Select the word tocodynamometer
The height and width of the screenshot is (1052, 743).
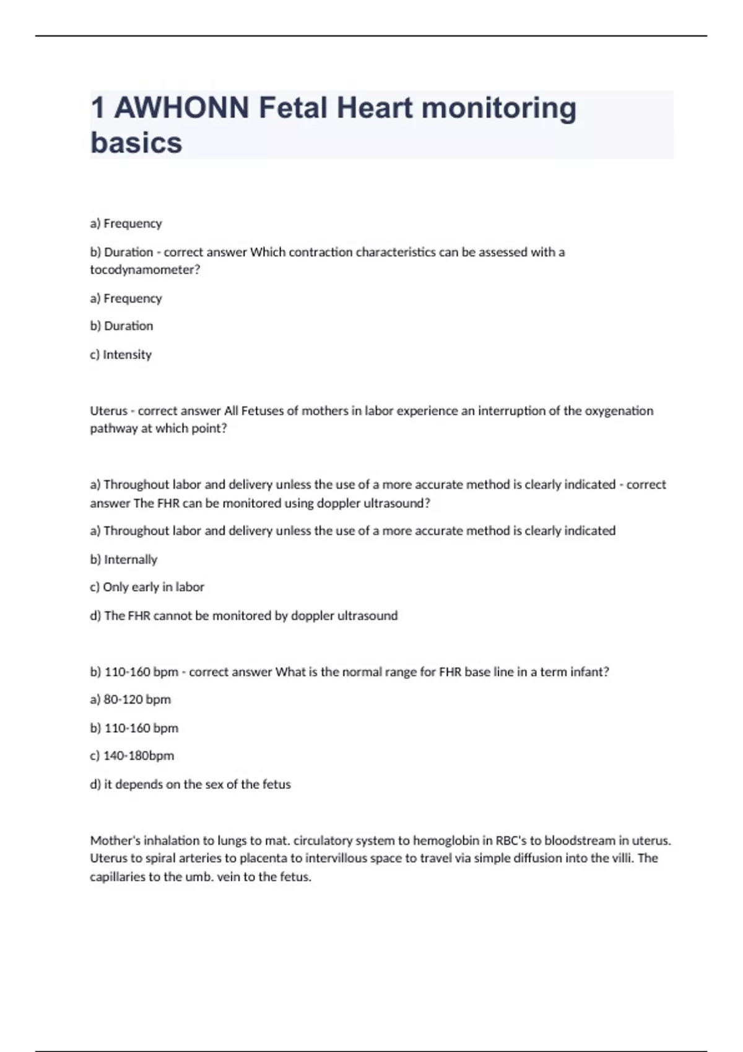click(145, 270)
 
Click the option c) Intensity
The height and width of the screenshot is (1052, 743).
click(121, 355)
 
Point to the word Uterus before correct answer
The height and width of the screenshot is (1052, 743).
click(108, 411)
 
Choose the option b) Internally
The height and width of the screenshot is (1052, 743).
click(124, 559)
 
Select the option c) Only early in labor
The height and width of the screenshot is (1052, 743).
click(147, 587)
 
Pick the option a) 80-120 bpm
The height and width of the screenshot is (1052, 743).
click(130, 699)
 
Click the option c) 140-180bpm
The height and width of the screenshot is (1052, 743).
click(132, 756)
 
